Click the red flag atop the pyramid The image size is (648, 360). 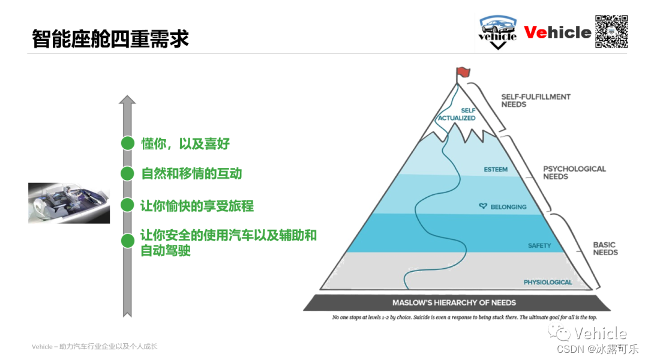coord(462,73)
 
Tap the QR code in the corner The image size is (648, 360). coord(611,31)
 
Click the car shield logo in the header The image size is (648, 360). coord(497,32)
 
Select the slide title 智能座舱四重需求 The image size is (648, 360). coord(110,38)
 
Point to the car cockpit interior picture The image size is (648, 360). coord(69,203)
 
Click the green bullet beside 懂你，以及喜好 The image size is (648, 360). coord(127,143)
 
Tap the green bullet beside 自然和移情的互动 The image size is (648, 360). coord(127,174)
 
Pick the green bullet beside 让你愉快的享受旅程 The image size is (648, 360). coord(127,205)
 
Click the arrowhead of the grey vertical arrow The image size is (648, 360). coord(127,101)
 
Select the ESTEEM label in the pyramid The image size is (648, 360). coord(496,170)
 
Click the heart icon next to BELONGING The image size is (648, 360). coord(482,206)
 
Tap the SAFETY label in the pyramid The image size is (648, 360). coord(539,246)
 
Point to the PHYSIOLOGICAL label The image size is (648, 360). coord(548,282)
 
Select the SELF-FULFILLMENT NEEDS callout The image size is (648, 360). coord(536,100)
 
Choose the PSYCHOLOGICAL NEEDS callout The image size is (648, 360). coord(574,173)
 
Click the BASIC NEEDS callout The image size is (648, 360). coord(605,248)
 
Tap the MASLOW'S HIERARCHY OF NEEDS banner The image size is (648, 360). coord(454,302)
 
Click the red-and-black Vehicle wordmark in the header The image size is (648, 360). coord(557,32)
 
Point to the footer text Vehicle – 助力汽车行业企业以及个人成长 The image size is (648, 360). coord(94,347)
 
